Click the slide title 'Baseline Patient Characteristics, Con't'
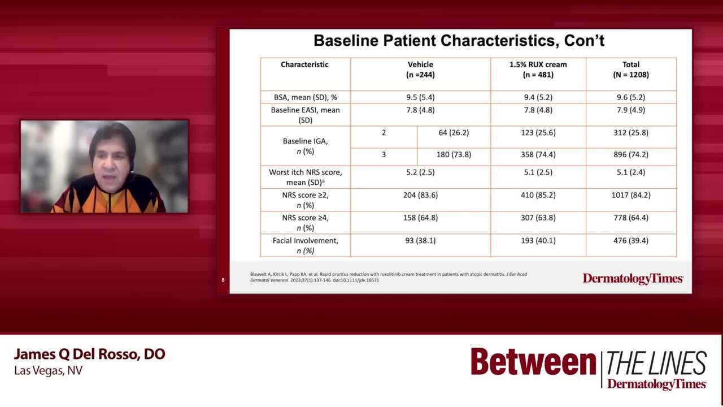[459, 41]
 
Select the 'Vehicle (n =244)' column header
[420, 70]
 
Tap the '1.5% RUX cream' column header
[538, 64]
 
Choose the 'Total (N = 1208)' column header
[631, 70]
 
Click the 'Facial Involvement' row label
[306, 245]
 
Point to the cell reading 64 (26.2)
[454, 133]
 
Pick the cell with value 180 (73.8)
[454, 155]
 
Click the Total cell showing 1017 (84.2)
[631, 195]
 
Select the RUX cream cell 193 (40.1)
[538, 241]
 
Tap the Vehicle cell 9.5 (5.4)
[420, 97]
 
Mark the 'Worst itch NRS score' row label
[306, 177]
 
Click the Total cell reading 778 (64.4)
[631, 218]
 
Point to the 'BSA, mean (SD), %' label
[306, 97]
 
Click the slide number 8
[223, 280]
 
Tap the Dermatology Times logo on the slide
[633, 279]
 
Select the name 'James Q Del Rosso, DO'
[89, 354]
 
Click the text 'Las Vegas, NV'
[49, 370]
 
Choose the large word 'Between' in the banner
[533, 362]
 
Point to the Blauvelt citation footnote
[389, 277]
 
